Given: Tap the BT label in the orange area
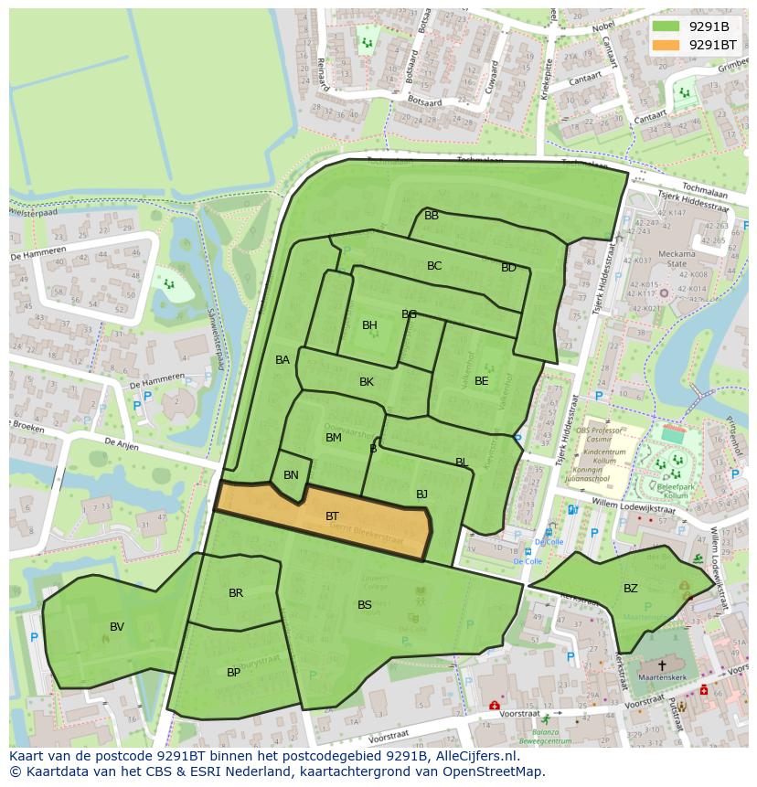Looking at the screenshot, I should click(x=333, y=516).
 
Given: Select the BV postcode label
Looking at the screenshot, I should click(x=117, y=627).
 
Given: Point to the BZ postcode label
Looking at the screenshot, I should click(x=631, y=589).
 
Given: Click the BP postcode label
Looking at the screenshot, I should click(x=234, y=673).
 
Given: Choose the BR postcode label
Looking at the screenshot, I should click(x=236, y=593).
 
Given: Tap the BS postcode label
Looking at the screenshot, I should click(x=365, y=605).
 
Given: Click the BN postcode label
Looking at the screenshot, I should click(x=291, y=475).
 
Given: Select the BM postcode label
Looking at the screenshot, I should click(x=334, y=438).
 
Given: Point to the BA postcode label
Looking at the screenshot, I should click(x=283, y=360).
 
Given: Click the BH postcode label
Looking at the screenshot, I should click(x=369, y=325).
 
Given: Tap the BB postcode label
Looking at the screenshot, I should click(x=432, y=216).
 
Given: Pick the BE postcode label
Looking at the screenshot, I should click(x=481, y=381).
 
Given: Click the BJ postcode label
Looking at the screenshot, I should click(x=421, y=495).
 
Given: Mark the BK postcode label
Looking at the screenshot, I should click(x=367, y=382).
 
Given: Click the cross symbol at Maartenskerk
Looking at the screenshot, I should click(x=662, y=666).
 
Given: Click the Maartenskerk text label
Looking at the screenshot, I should click(x=662, y=679).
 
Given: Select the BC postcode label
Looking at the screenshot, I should click(x=434, y=266).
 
